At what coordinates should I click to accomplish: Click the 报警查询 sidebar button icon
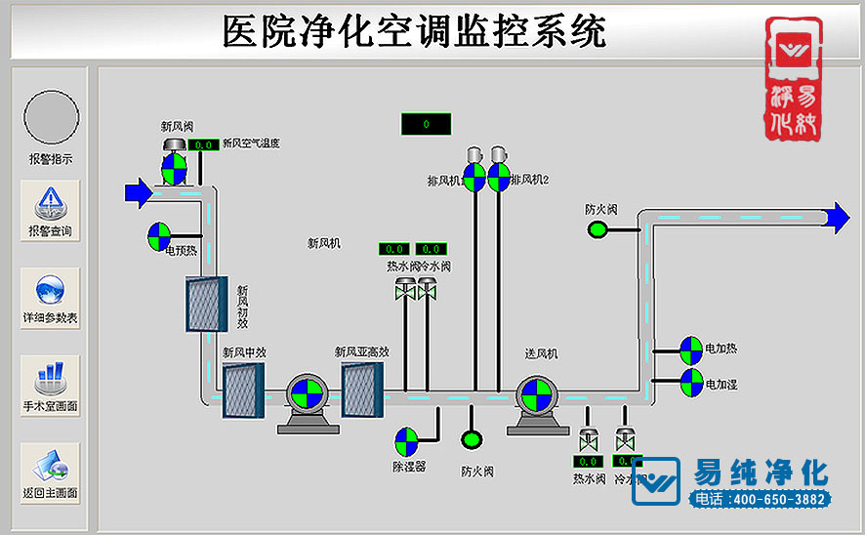click(50, 203)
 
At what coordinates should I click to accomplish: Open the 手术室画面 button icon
click(50, 377)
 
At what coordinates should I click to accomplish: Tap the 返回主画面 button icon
click(50, 465)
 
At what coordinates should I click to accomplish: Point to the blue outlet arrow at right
click(837, 218)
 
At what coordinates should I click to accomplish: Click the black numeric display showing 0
click(426, 124)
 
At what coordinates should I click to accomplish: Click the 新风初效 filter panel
click(207, 304)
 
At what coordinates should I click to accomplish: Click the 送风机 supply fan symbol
click(534, 395)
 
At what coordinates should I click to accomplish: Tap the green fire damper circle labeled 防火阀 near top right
click(597, 229)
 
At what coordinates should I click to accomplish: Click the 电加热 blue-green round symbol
click(690, 349)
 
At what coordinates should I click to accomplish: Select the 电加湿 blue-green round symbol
click(690, 382)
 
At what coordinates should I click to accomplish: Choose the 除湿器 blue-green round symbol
click(405, 440)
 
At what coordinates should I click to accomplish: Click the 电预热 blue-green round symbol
click(159, 234)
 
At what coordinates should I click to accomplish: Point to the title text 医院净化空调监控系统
click(414, 31)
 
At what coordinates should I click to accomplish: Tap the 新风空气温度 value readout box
click(204, 144)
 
